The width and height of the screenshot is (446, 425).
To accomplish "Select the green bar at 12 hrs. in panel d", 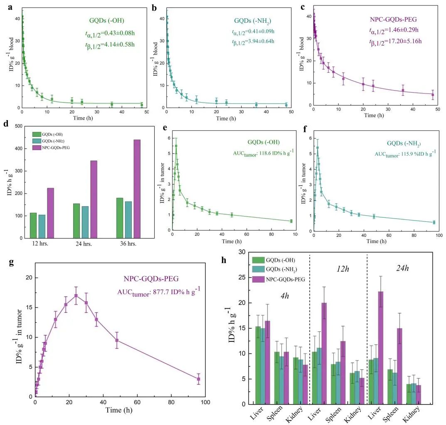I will click(x=33, y=225).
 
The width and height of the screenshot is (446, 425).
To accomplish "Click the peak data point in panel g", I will click(x=76, y=295).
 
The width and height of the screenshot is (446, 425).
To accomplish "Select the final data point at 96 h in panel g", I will click(x=199, y=379).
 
